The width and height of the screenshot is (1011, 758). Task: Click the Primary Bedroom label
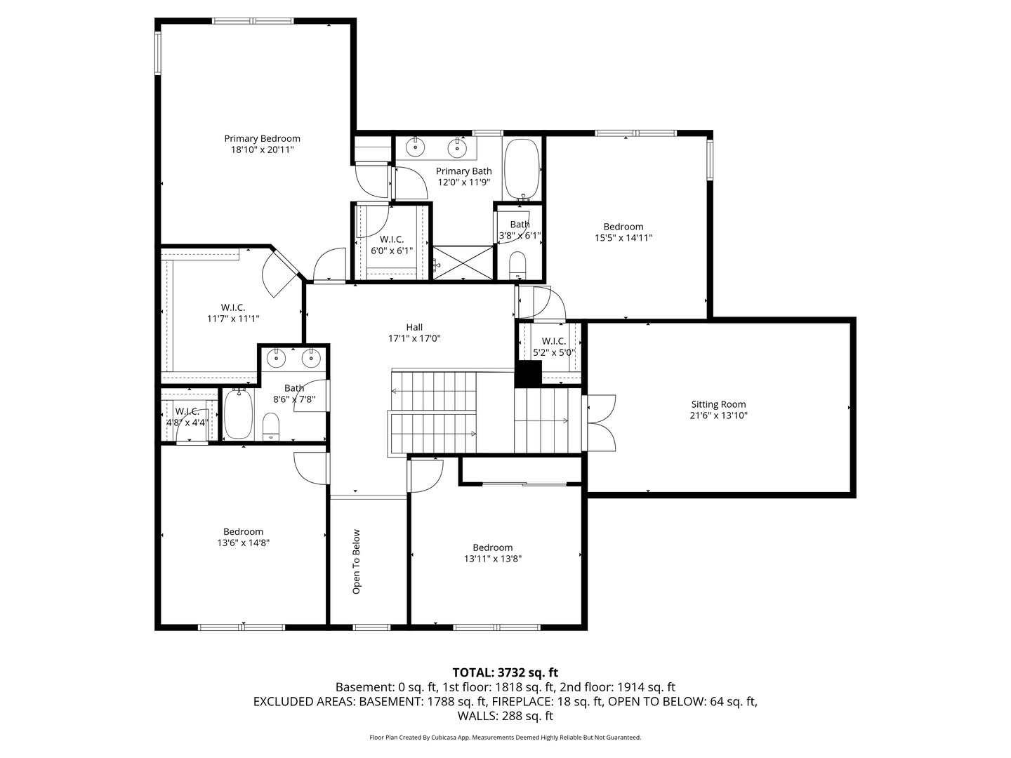pyautogui.click(x=262, y=138)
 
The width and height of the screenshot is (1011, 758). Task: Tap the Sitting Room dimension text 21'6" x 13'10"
pyautogui.click(x=718, y=415)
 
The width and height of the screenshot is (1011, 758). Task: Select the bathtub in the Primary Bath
pyautogui.click(x=522, y=169)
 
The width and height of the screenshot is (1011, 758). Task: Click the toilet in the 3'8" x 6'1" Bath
pyautogui.click(x=517, y=265)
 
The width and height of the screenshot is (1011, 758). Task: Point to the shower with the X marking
pyautogui.click(x=463, y=262)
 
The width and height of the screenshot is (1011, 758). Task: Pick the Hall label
pyautogui.click(x=414, y=327)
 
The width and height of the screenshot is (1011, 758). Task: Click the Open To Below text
pyautogui.click(x=356, y=561)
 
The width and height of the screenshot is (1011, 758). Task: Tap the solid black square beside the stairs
pyautogui.click(x=528, y=373)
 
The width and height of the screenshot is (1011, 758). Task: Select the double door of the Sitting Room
pyautogui.click(x=600, y=423)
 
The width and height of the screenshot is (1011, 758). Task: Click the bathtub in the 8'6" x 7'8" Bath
pyautogui.click(x=239, y=414)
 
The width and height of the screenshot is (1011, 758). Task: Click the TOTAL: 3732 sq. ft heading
pyautogui.click(x=505, y=672)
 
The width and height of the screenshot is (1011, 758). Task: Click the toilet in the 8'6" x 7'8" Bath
pyautogui.click(x=271, y=427)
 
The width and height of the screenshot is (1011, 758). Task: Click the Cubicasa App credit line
pyautogui.click(x=505, y=737)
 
